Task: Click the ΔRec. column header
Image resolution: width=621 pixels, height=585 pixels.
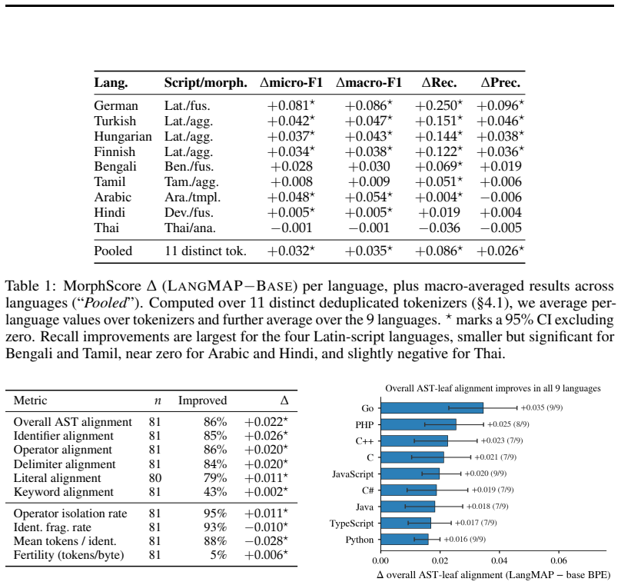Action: tap(439, 82)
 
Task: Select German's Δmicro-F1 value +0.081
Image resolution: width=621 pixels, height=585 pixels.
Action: tap(291, 106)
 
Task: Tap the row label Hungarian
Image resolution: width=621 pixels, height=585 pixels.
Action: tap(123, 136)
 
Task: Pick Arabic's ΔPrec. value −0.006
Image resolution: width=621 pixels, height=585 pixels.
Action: tap(500, 198)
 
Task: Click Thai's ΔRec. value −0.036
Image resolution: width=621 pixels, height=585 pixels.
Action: tap(439, 228)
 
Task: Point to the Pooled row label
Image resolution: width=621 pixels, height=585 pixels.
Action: tap(113, 251)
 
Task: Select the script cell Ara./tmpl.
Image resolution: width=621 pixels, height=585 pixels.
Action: tap(192, 198)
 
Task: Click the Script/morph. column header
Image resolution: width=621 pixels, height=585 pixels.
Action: tap(205, 82)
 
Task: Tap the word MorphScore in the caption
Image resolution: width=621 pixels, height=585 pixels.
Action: tap(102, 286)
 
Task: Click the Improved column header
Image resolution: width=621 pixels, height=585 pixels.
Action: tap(202, 401)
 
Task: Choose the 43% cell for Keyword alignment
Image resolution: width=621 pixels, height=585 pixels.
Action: tap(215, 492)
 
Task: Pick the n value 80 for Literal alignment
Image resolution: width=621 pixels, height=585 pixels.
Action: tap(154, 478)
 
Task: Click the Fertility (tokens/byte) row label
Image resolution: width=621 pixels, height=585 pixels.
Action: tap(68, 555)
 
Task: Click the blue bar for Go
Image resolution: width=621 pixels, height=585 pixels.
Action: tap(432, 407)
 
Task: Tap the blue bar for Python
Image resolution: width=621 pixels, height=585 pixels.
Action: tap(404, 539)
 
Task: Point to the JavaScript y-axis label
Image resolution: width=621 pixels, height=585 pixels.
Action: tap(353, 474)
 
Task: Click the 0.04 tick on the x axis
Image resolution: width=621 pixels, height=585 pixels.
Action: tap(499, 560)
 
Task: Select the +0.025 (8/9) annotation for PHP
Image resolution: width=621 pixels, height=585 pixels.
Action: tap(508, 424)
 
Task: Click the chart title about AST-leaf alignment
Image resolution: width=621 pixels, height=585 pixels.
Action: tap(493, 388)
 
